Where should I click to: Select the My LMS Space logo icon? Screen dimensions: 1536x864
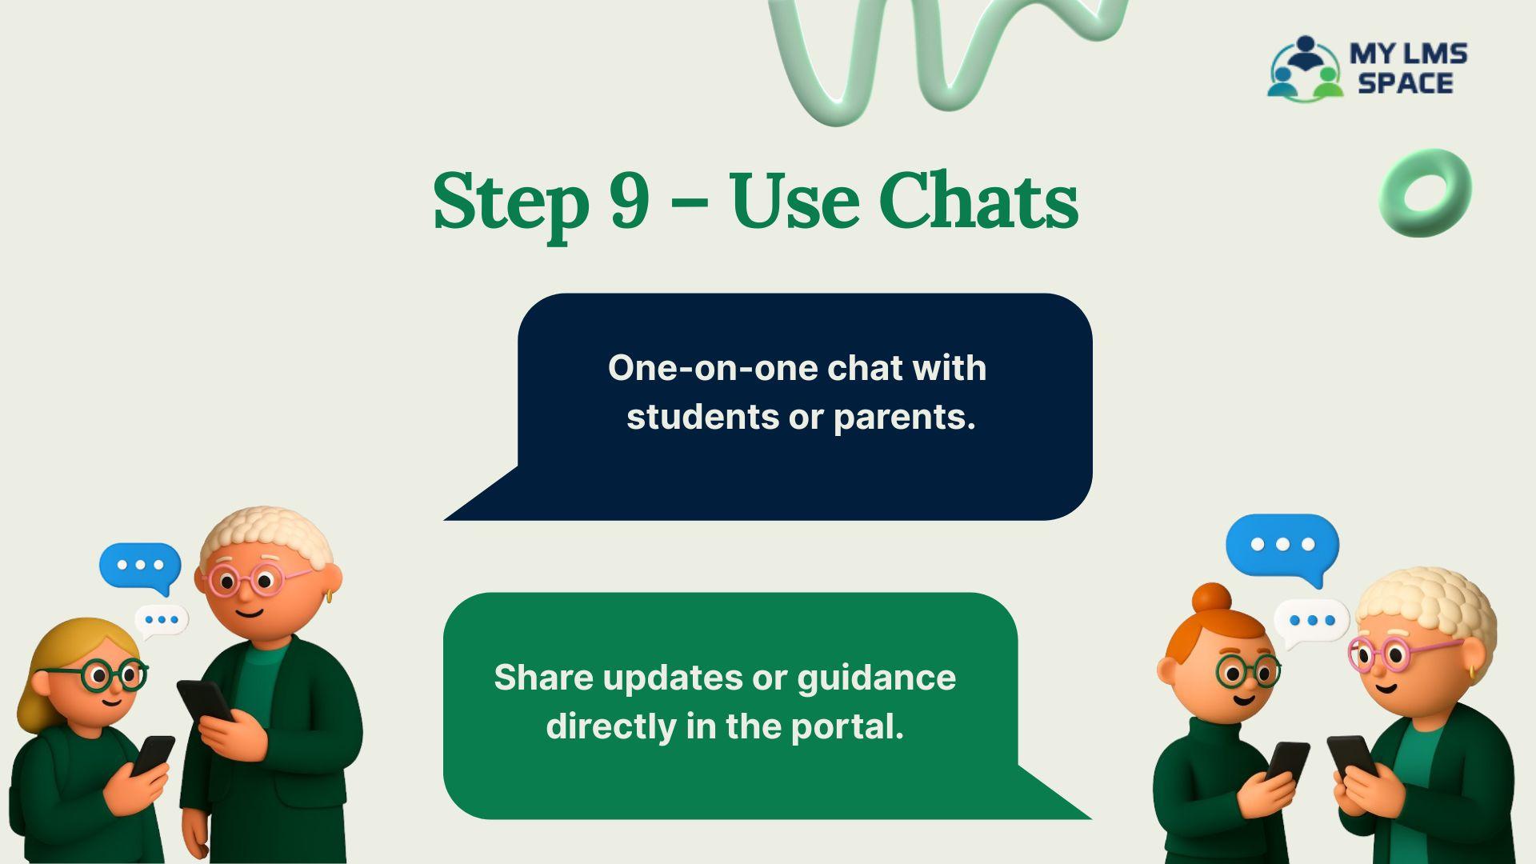click(x=1305, y=68)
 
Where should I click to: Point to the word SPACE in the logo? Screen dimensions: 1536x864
click(x=1405, y=82)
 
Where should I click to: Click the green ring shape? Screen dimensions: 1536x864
click(x=1426, y=192)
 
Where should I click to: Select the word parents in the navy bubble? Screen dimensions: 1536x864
click(x=898, y=417)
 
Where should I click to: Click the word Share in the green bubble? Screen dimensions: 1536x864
click(x=543, y=678)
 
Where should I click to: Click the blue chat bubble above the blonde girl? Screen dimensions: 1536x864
click(x=140, y=566)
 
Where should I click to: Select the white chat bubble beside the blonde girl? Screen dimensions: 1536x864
click(x=162, y=620)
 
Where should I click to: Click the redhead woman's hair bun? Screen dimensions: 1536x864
click(x=1212, y=598)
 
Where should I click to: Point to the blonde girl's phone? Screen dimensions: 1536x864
click(x=153, y=755)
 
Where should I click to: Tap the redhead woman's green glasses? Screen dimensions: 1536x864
click(x=1249, y=670)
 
